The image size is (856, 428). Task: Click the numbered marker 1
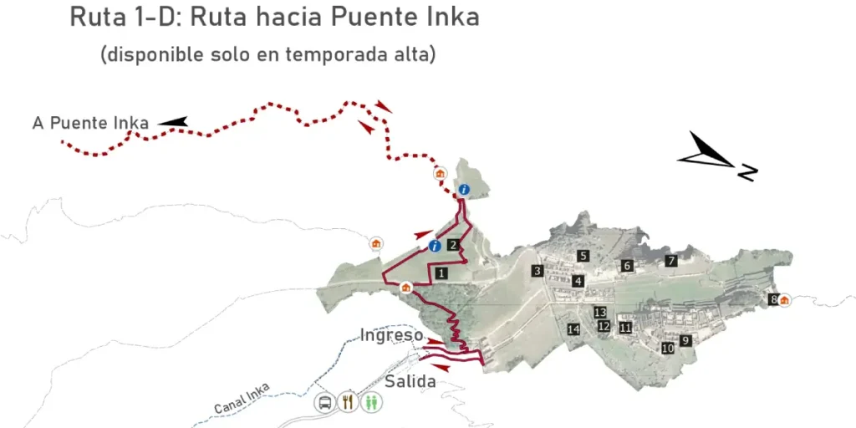441,273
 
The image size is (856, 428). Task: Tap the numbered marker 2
452,245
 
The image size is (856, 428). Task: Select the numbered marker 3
538,270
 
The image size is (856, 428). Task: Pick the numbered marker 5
583,256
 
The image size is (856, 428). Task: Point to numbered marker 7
670,261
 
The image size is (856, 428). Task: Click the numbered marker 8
774,299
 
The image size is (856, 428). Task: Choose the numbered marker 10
667,348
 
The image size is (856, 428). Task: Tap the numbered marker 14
573,329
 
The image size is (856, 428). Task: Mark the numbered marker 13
599,312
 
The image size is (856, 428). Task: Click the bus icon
324,402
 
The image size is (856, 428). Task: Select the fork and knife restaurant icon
348,402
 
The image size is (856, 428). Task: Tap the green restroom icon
371,402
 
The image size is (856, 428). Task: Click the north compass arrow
711,155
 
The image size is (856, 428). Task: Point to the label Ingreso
391,335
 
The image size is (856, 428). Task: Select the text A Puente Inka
90,123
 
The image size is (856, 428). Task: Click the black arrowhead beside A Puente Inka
174,122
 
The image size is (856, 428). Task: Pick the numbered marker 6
627,266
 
